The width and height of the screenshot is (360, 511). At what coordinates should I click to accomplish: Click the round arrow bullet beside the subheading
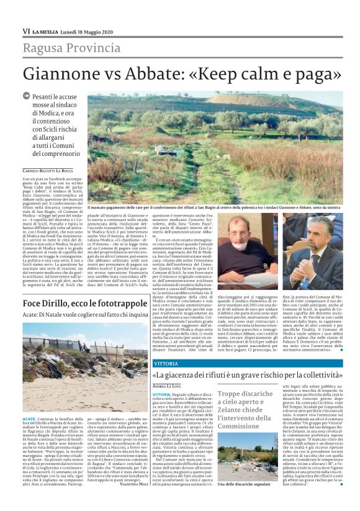click(x=26, y=96)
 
